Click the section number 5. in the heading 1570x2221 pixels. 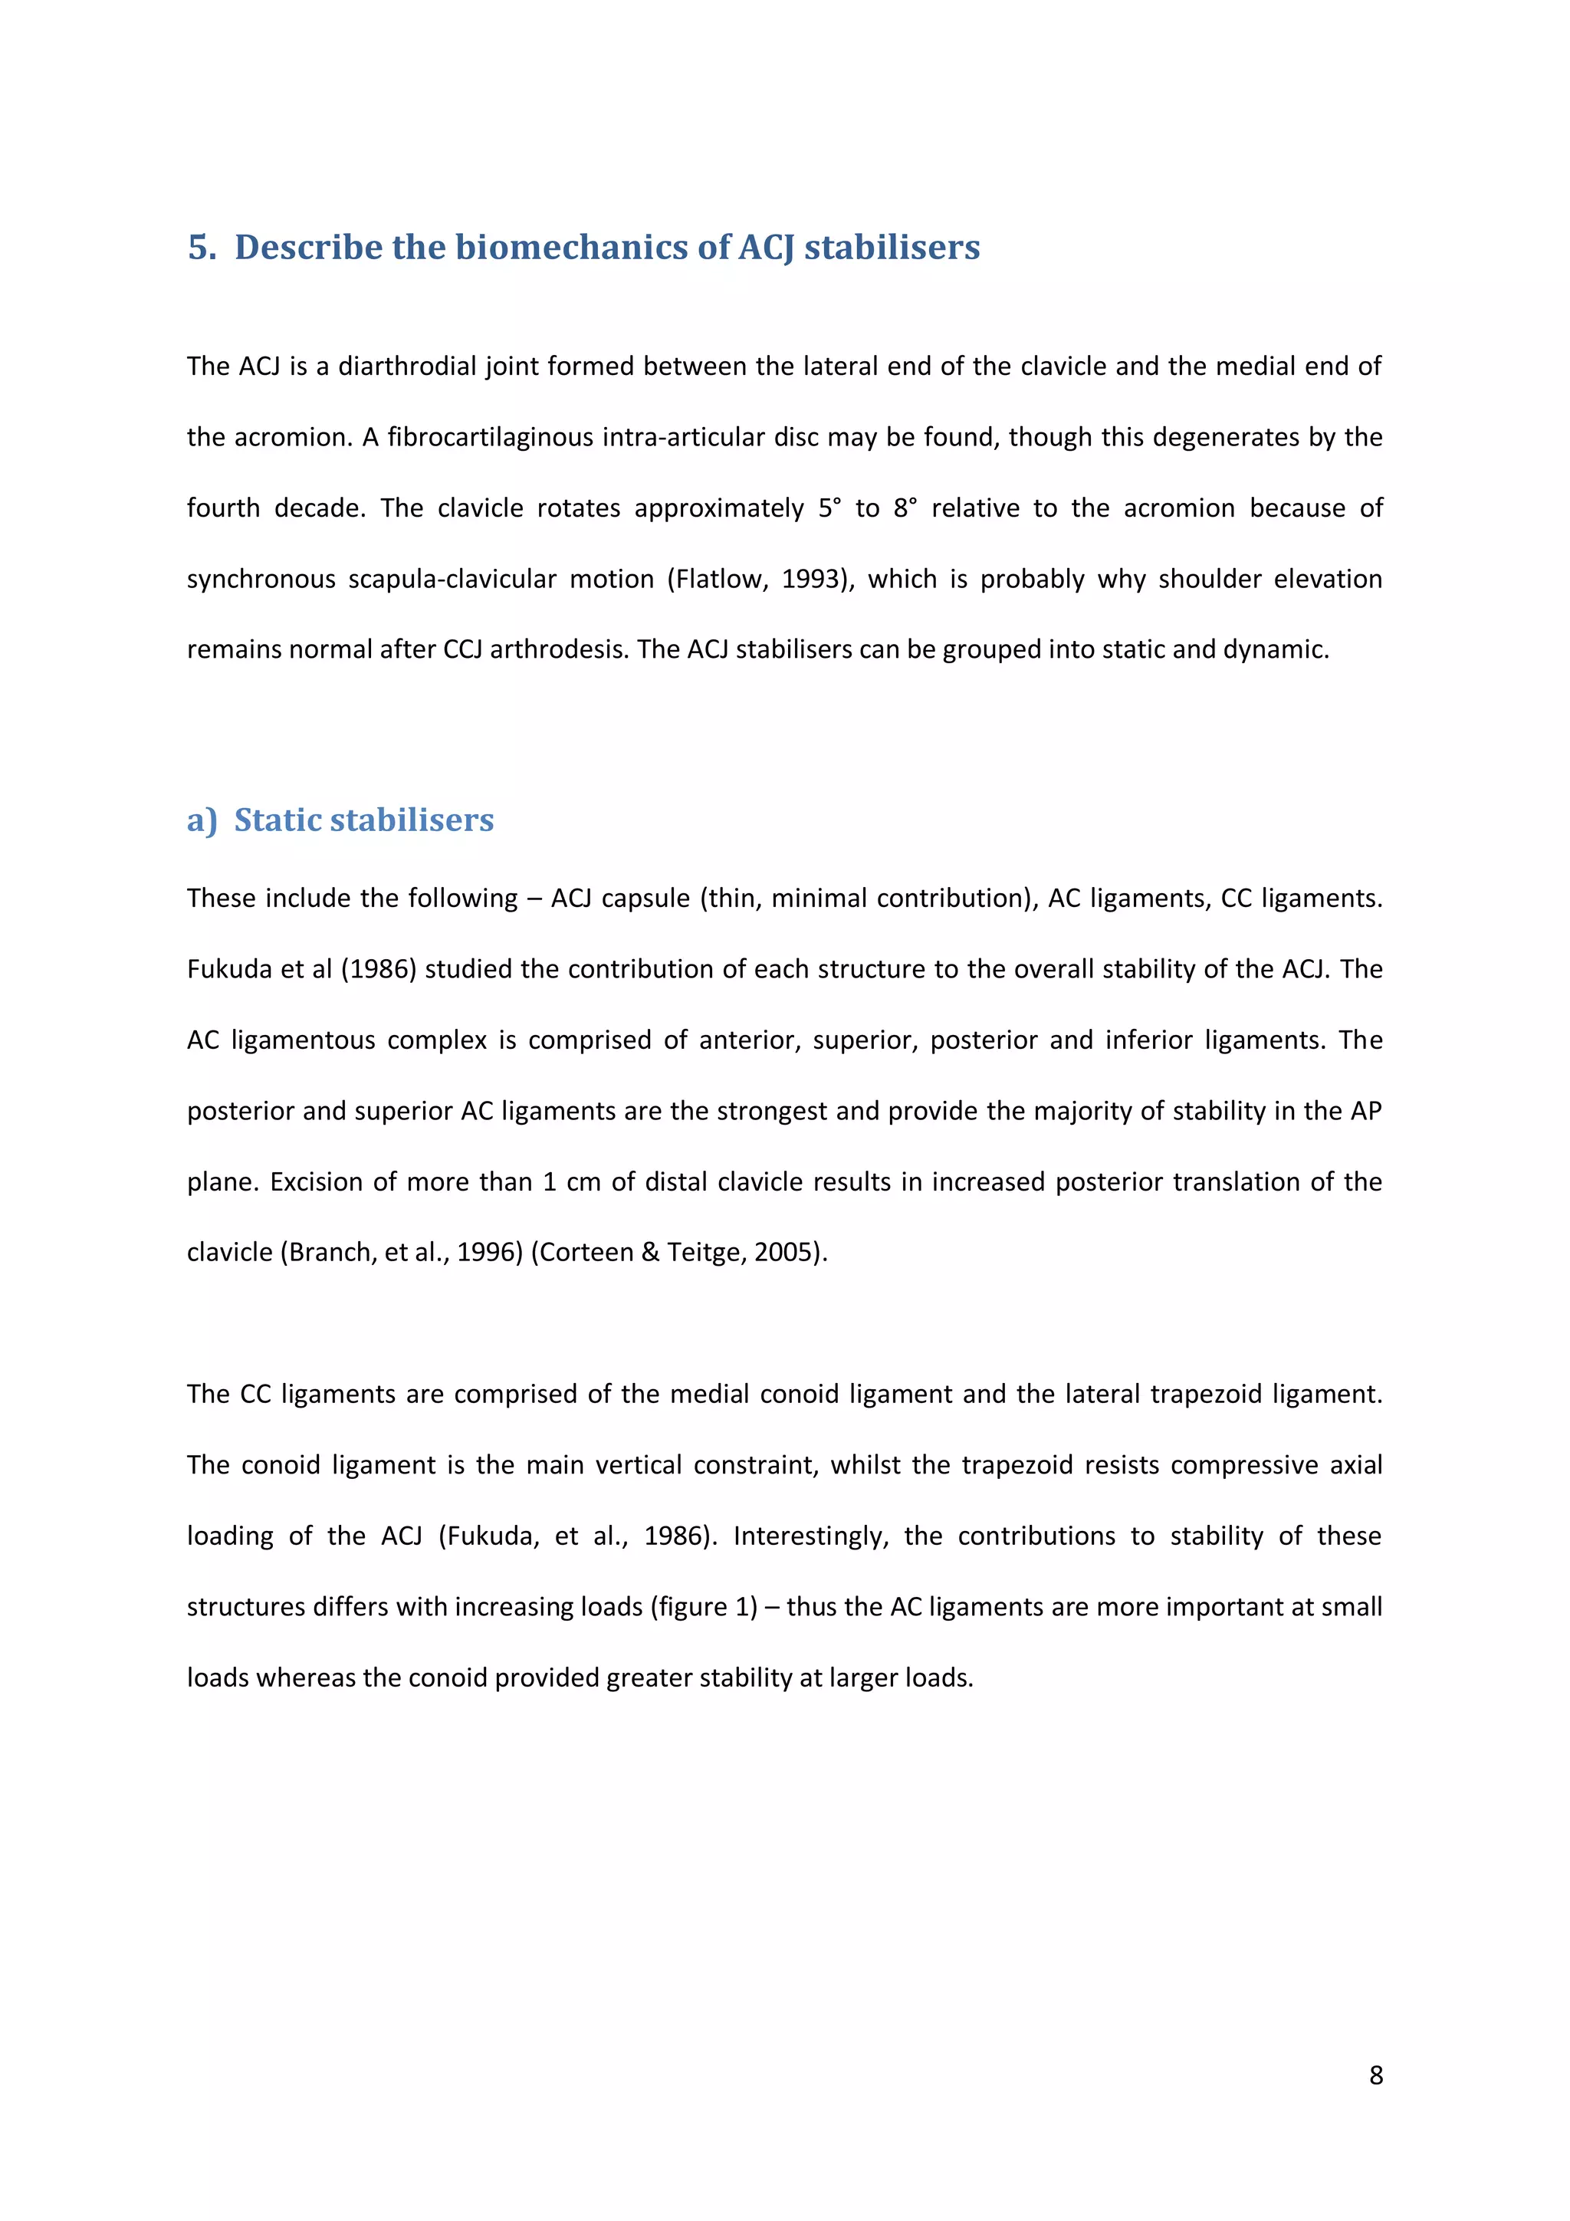pyautogui.click(x=202, y=248)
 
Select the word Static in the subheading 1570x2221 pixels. pyautogui.click(x=278, y=820)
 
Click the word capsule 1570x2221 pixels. pyautogui.click(x=645, y=899)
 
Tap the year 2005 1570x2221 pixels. pyautogui.click(x=787, y=1253)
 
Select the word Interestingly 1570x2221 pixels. pyautogui.click(x=810, y=1536)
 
